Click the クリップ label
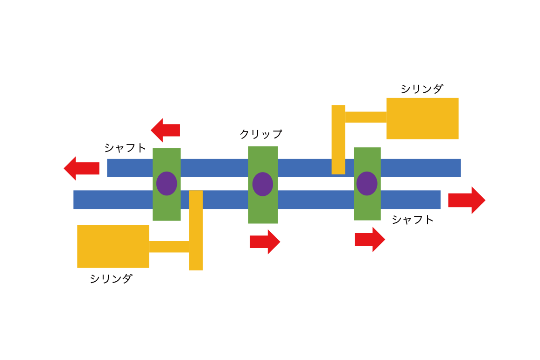(261, 134)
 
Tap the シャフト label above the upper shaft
(126, 148)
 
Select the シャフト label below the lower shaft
(413, 220)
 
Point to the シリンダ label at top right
(422, 89)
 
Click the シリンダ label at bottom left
(111, 278)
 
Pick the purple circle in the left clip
(167, 183)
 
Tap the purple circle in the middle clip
(263, 184)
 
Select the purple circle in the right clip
(367, 183)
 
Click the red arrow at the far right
(467, 201)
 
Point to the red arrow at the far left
(82, 168)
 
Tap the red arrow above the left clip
(166, 130)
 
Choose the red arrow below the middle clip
(265, 242)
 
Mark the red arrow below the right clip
(370, 240)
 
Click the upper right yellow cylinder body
(422, 118)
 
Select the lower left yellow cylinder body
(113, 246)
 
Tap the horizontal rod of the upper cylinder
(366, 117)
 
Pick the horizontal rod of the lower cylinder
(169, 247)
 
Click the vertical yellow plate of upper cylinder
(338, 140)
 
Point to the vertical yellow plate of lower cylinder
(196, 230)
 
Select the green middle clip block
(263, 185)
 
